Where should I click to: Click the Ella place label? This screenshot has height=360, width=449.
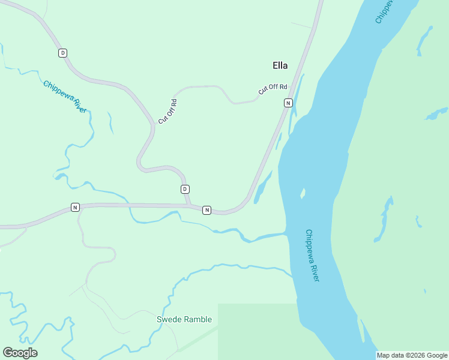tap(280, 65)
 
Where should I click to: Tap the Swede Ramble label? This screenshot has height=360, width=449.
tap(184, 319)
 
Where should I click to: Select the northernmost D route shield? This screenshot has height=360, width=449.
tap(62, 53)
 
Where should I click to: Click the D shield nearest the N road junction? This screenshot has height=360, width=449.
tap(185, 189)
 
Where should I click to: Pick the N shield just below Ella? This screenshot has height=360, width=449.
tap(288, 103)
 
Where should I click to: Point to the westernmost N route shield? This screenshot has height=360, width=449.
tap(75, 207)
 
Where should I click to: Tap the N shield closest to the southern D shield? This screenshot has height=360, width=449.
tap(206, 209)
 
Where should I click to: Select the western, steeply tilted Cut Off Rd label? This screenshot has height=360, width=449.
tap(167, 111)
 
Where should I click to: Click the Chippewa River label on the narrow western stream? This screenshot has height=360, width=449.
tap(65, 97)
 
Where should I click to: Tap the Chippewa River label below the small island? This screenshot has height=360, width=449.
tap(312, 255)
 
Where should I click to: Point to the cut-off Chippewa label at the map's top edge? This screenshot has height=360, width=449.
tap(384, 12)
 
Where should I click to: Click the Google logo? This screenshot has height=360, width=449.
tap(20, 352)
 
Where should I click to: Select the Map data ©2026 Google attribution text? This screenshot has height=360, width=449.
tap(412, 355)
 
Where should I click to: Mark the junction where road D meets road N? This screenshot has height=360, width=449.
tap(191, 206)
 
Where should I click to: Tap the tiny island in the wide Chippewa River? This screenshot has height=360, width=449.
tap(303, 193)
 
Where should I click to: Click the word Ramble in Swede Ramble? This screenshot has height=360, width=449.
tap(198, 319)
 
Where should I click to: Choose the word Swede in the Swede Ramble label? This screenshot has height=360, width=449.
tap(169, 319)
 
